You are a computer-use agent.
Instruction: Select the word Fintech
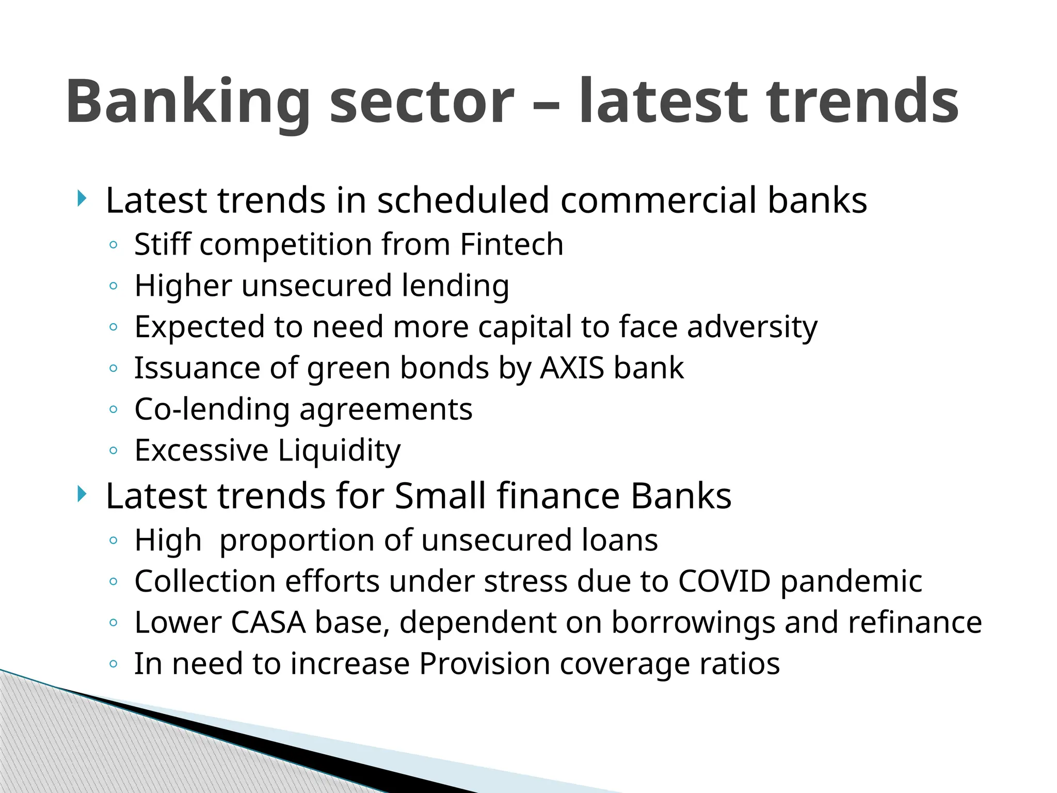[x=511, y=244]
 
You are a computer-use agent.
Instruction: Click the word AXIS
[x=572, y=368]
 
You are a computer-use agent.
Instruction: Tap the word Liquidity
[x=339, y=451]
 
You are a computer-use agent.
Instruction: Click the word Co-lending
[x=212, y=409]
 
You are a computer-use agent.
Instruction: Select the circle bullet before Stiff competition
[x=114, y=245]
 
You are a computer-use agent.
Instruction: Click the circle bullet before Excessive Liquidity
[x=114, y=451]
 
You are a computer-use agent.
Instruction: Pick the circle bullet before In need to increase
[x=114, y=664]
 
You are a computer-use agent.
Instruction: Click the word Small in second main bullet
[x=440, y=496]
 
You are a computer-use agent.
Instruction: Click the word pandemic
[x=851, y=581]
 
